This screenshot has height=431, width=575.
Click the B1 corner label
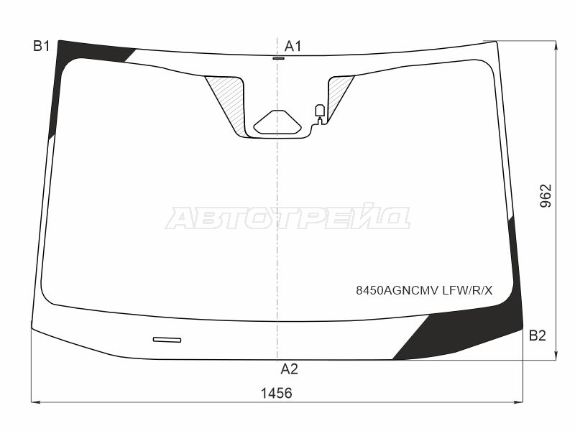click(42, 47)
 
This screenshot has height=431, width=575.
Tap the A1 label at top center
click(293, 47)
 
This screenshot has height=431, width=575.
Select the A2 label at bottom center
click(290, 369)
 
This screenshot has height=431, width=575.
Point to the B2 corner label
click(537, 335)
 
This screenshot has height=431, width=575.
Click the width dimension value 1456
click(277, 393)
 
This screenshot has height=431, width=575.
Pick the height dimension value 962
click(546, 196)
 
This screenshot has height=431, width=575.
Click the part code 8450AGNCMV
click(397, 291)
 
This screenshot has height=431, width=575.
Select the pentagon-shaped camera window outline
click(277, 122)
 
